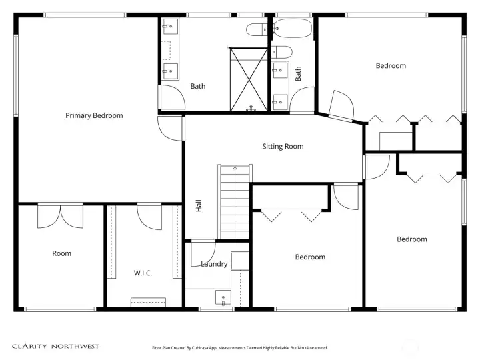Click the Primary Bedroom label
(94, 115)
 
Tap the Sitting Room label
(283, 146)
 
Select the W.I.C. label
(143, 273)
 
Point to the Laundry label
(214, 264)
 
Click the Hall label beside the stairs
(199, 206)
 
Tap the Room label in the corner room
(61, 253)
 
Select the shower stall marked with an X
(249, 79)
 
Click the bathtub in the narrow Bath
(293, 29)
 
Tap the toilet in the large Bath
(257, 29)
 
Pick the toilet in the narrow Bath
(281, 52)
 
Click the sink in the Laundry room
(223, 297)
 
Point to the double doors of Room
(60, 217)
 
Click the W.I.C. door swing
(149, 217)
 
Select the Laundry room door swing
(203, 255)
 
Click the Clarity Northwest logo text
(56, 346)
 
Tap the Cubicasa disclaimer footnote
(240, 348)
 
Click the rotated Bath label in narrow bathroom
(298, 74)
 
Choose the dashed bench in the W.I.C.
(148, 302)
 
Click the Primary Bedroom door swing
(171, 128)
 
